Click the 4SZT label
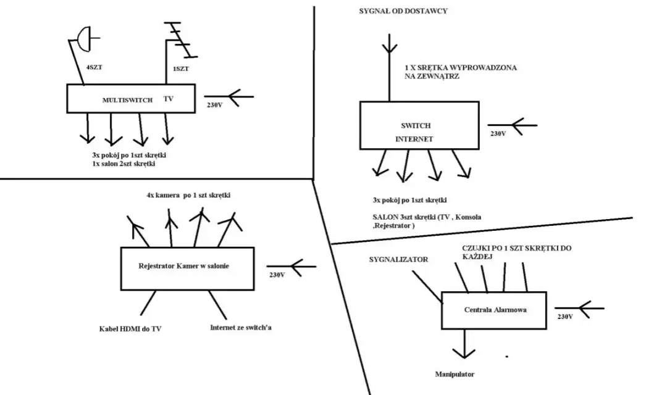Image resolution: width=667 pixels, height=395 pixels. point(94,67)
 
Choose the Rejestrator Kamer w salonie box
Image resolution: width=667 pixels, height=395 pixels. point(187,268)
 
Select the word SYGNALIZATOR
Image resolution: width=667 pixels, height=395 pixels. point(398,260)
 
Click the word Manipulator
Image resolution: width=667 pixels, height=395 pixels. point(455,374)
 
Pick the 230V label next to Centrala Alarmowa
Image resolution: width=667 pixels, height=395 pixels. point(565,317)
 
